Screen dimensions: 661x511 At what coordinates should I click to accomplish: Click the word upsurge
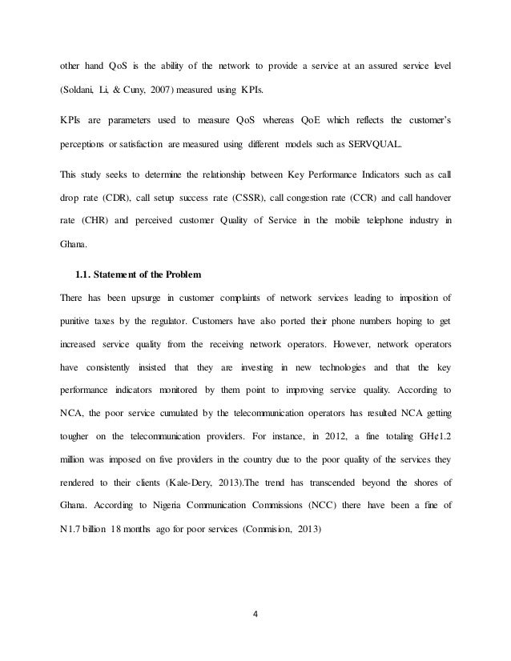pyautogui.click(x=139, y=298)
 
